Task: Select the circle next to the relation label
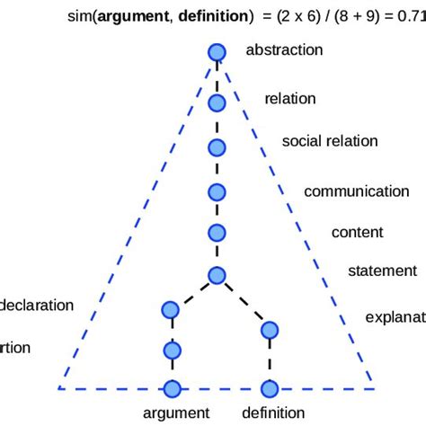point(217,102)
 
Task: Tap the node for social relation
point(217,147)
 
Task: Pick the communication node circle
point(217,191)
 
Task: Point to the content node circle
point(217,233)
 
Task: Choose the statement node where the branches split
point(217,275)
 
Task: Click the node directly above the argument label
point(171,388)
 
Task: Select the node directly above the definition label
point(268,388)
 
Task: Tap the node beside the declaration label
point(171,310)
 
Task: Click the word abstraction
point(283,50)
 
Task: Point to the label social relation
point(330,141)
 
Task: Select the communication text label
point(357,191)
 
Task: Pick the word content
point(358,232)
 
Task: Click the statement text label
point(382,271)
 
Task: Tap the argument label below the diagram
point(176,413)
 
